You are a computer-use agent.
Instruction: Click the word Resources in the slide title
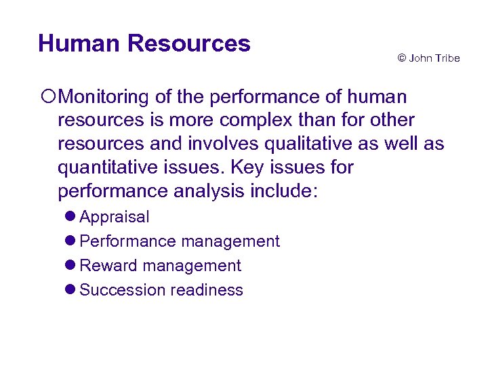[188, 43]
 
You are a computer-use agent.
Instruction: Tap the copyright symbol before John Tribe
[402, 58]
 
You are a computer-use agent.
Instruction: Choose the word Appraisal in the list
[115, 217]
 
